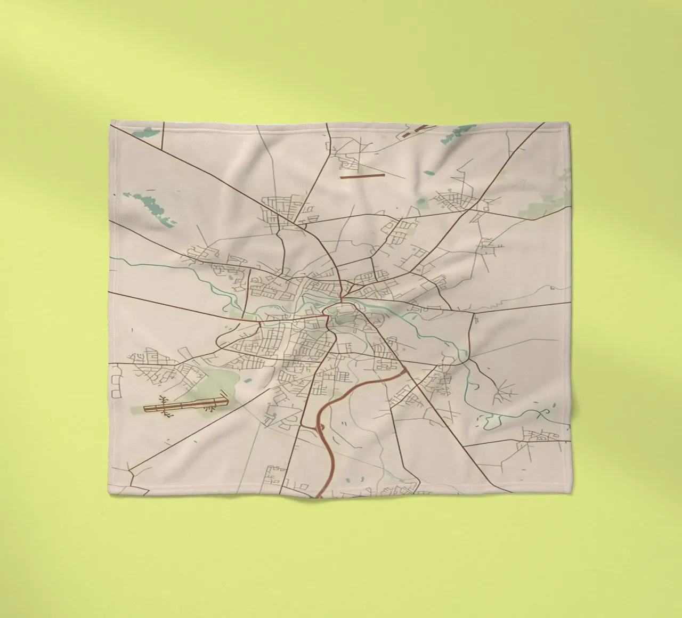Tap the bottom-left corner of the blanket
coord(110,497)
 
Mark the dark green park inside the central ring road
coord(346,320)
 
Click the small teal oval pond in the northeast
coord(429,172)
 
